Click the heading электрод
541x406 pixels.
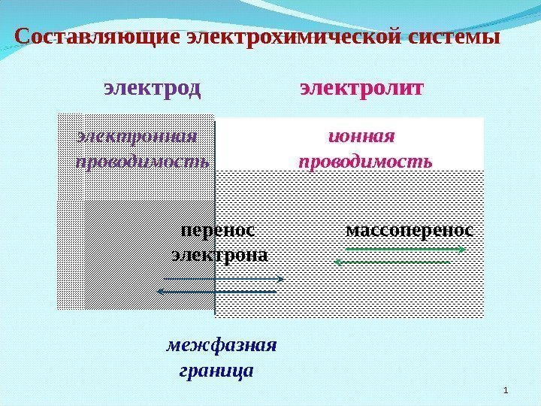click(153, 89)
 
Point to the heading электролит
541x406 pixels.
click(362, 89)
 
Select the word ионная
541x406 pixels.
click(362, 137)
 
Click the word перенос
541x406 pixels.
click(218, 230)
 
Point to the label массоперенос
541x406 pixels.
click(410, 229)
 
